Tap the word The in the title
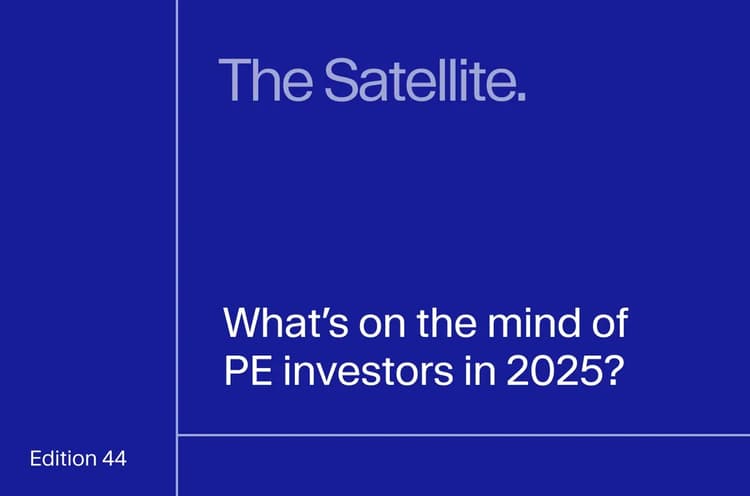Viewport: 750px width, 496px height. (265, 79)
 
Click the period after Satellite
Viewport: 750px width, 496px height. (522, 97)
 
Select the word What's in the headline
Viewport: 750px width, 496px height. (286, 323)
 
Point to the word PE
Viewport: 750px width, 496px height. (248, 371)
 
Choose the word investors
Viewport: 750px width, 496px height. (368, 371)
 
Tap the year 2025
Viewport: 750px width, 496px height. (553, 371)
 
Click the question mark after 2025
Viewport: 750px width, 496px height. (613, 371)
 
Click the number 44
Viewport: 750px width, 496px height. (114, 459)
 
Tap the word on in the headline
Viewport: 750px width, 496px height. (382, 328)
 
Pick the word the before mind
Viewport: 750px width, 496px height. (447, 323)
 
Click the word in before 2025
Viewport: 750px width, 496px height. (480, 371)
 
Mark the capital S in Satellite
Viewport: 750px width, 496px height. (342, 80)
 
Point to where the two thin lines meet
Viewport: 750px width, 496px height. (177, 435)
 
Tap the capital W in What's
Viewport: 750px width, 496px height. (244, 324)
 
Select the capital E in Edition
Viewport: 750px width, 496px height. (35, 459)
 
